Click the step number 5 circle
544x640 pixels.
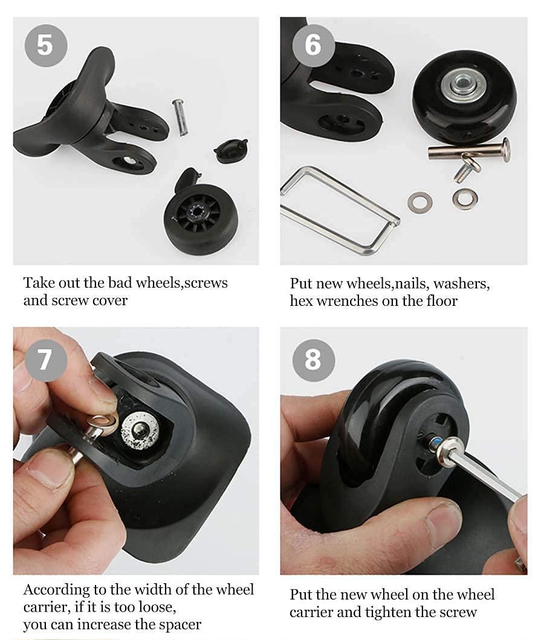point(46,45)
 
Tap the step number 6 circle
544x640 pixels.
point(314,45)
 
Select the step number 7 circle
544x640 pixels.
point(46,360)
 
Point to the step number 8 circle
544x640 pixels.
point(314,360)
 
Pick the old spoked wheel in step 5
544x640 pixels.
point(201,219)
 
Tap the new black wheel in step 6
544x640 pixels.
point(464,92)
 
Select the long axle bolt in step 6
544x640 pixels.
point(469,150)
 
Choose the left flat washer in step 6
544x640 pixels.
point(419,202)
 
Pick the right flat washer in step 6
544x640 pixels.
point(465,199)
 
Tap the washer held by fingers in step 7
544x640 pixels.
point(101,425)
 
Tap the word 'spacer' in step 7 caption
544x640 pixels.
point(179,625)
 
